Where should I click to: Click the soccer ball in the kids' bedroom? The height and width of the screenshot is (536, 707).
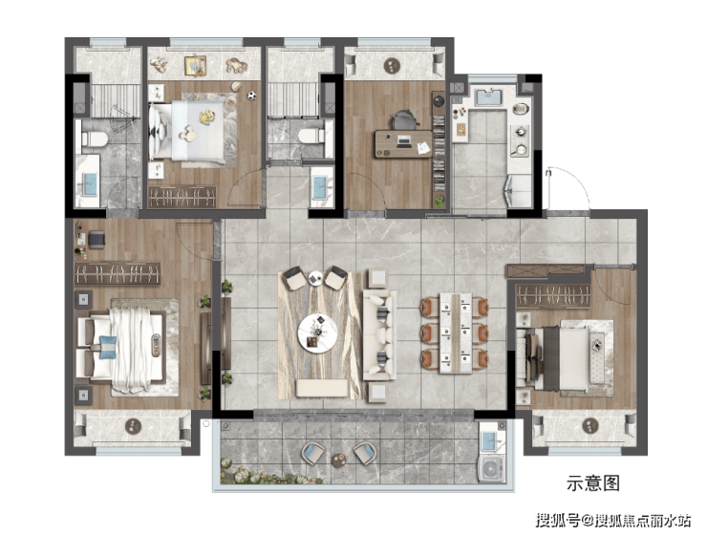[x=251, y=96]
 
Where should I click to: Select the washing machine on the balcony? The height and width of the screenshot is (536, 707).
[x=491, y=469]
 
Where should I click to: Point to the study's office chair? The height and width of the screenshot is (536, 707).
[x=403, y=120]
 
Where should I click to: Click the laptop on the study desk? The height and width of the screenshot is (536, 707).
[x=404, y=142]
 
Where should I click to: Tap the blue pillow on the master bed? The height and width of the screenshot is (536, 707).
[x=107, y=347]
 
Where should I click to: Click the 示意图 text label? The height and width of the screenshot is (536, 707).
[x=593, y=483]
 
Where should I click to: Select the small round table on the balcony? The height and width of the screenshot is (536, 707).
[x=338, y=461]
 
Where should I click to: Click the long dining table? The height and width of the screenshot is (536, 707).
[x=456, y=332]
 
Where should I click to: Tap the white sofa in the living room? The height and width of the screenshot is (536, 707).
[x=379, y=334]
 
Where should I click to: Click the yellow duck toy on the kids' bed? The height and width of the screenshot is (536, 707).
[x=207, y=117]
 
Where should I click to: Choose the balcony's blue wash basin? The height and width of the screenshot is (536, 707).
[x=490, y=440]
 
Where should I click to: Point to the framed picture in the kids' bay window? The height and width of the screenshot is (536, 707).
[x=195, y=66]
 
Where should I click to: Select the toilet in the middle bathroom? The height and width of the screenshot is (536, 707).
[x=311, y=136]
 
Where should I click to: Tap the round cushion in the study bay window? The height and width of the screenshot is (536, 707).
[x=393, y=66]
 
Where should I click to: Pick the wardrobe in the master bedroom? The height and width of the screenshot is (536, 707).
[x=118, y=273]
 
